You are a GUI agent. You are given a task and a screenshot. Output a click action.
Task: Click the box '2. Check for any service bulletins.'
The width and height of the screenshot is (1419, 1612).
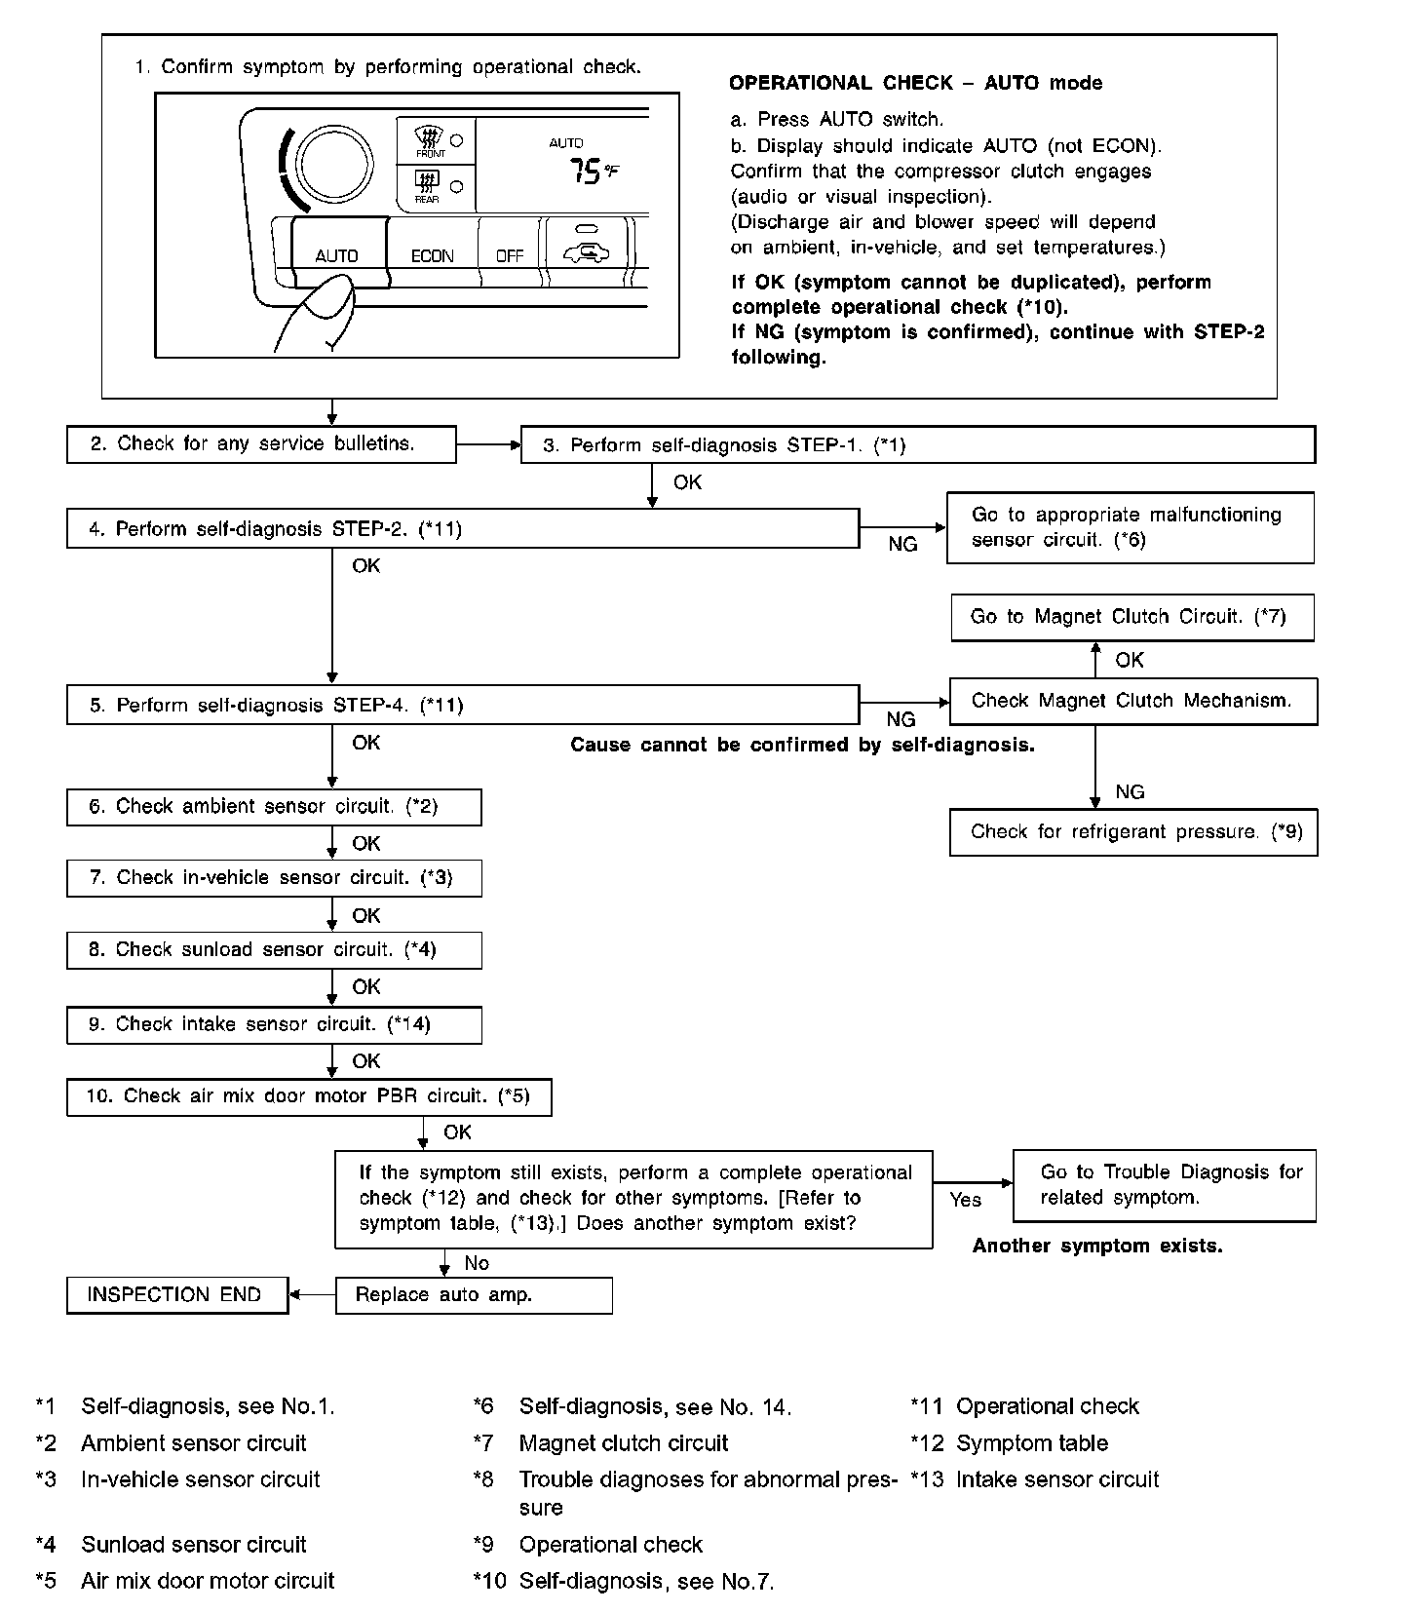[261, 444]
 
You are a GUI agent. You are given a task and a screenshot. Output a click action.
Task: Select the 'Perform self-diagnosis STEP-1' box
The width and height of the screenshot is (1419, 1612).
[917, 445]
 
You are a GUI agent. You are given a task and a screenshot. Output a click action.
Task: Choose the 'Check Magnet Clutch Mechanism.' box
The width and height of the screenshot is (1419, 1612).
[1132, 702]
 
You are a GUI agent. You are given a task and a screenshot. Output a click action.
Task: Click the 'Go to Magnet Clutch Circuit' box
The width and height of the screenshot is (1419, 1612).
[1131, 617]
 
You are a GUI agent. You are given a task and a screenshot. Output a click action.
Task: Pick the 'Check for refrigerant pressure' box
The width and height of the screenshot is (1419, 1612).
[1132, 832]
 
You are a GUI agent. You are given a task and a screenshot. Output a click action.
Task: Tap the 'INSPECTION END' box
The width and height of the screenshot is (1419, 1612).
[176, 1295]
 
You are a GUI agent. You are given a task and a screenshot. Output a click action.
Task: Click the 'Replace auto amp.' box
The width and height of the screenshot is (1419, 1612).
[474, 1295]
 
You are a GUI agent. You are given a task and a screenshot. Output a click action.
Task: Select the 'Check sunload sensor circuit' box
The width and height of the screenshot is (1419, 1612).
[274, 950]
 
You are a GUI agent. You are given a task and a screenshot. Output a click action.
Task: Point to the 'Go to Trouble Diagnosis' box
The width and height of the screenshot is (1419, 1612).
[1165, 1185]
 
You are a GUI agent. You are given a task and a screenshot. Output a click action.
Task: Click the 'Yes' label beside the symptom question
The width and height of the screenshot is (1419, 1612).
[965, 1200]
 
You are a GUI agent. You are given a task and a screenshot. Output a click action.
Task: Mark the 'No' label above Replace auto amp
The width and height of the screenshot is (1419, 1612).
[477, 1263]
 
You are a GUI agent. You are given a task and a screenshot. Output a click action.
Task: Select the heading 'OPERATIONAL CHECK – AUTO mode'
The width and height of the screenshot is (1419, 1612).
[915, 83]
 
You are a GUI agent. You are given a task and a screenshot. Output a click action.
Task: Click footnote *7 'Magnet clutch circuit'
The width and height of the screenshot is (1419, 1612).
[623, 1442]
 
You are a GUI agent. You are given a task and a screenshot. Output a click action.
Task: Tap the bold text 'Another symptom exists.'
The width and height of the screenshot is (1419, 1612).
[1097, 1246]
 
